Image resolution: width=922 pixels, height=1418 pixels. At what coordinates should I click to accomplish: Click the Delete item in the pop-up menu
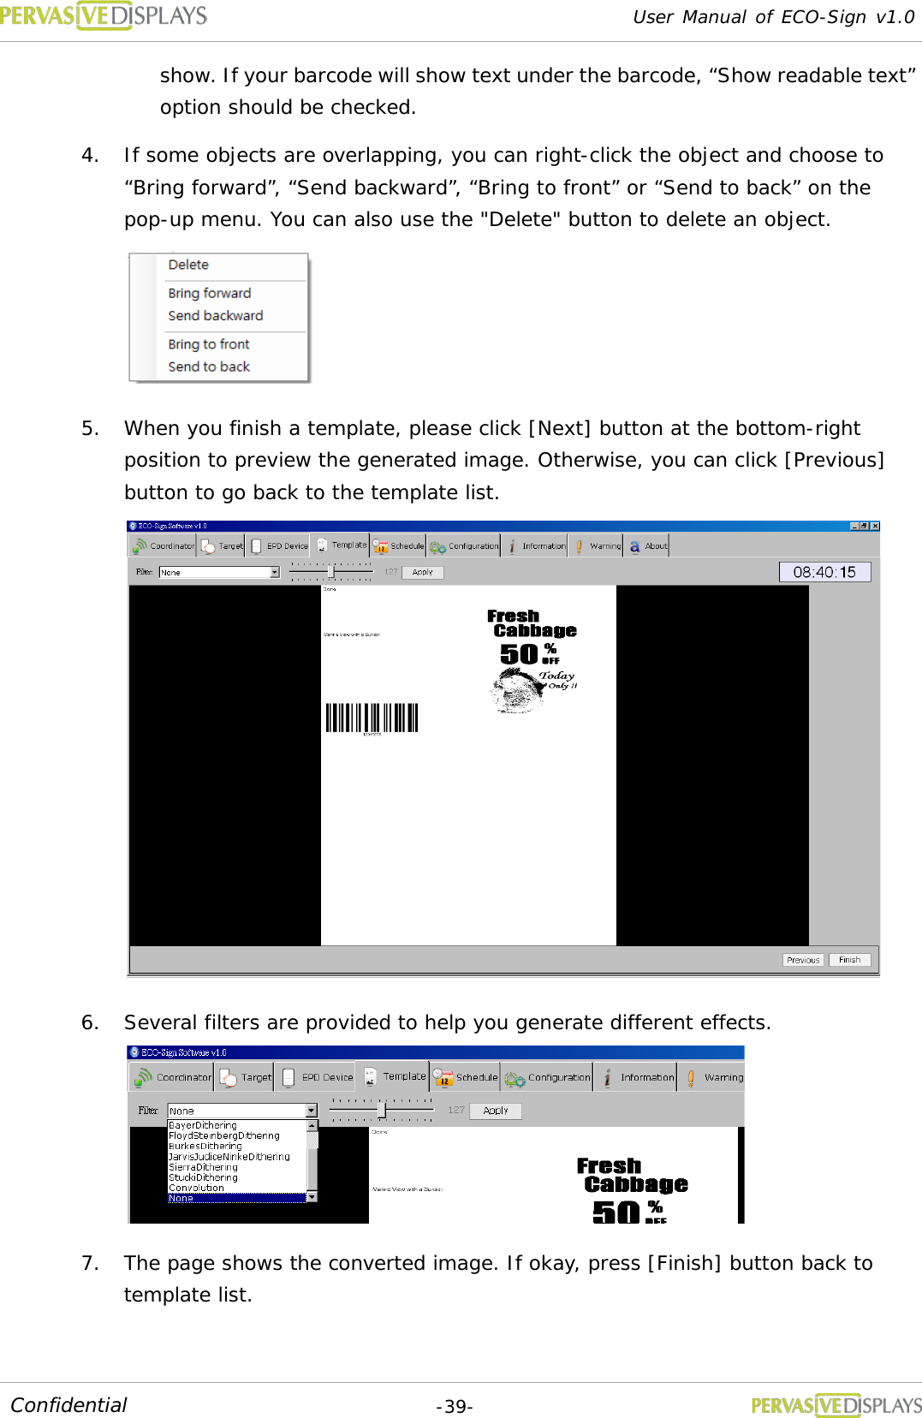(x=188, y=265)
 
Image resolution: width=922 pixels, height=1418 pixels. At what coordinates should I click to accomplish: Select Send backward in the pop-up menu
(x=216, y=316)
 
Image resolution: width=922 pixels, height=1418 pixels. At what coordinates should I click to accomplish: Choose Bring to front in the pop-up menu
(x=209, y=344)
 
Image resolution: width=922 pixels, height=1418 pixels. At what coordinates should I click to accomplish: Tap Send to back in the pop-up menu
(x=209, y=366)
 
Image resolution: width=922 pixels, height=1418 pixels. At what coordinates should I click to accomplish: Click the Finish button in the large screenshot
(x=849, y=960)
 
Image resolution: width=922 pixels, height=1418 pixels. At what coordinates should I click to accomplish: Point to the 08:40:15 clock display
(x=824, y=572)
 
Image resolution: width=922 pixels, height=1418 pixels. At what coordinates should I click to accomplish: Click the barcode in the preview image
(x=372, y=718)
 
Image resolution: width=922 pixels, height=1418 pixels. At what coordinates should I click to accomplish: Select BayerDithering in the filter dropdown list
(x=203, y=1125)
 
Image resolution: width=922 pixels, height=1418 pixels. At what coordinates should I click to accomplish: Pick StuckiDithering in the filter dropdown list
(x=204, y=1177)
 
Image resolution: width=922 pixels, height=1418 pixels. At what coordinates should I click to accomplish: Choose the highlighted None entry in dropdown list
(x=181, y=1199)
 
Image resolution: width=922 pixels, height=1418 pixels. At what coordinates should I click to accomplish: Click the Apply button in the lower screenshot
(x=496, y=1111)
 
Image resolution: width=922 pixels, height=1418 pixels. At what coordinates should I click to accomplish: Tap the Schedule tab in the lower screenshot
(x=466, y=1077)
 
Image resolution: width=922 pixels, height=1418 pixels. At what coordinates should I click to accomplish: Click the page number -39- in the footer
(x=455, y=1407)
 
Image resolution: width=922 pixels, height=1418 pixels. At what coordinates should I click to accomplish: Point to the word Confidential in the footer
(x=68, y=1405)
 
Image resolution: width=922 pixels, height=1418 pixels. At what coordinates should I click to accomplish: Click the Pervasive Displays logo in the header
(x=104, y=15)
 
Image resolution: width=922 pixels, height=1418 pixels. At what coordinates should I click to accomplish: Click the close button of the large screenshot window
(x=875, y=526)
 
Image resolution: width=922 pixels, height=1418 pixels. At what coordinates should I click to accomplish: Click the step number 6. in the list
(x=90, y=1022)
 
